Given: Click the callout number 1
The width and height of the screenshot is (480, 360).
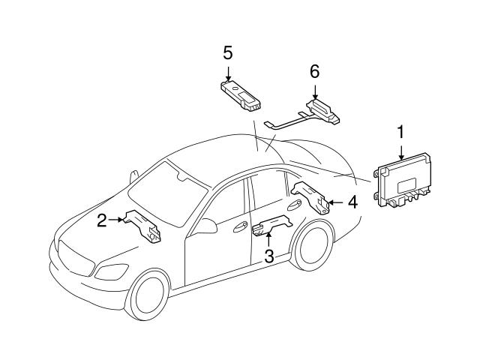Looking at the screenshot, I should (400, 132).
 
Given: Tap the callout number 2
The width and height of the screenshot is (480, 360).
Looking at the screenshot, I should (101, 219).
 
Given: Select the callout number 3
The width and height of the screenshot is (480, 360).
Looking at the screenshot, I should (268, 255).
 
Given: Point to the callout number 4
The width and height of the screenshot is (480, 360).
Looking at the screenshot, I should (352, 201).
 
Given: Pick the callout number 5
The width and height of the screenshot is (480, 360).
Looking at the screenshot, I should (228, 52).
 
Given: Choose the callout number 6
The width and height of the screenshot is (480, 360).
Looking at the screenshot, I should (315, 72).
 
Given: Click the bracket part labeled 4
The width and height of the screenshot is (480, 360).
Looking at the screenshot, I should (310, 197).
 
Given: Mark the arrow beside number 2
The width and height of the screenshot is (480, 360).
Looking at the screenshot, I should (115, 219).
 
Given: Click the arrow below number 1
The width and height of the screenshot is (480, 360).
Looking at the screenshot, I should (400, 150).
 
